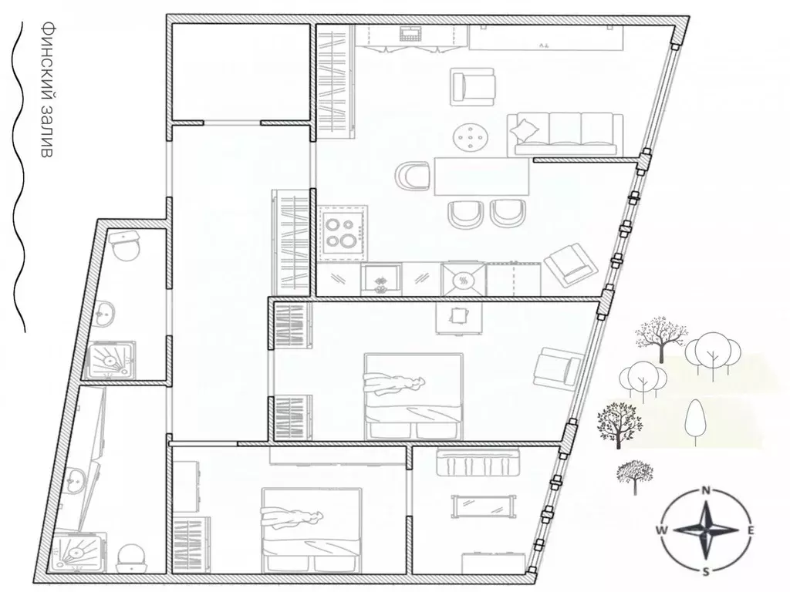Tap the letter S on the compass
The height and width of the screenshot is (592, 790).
coord(707,571)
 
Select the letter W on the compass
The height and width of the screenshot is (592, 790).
coord(661,530)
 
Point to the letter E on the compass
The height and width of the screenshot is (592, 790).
coord(750,530)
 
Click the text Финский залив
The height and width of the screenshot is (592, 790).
coord(46,89)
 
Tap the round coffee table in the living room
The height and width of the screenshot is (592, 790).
coord(471,136)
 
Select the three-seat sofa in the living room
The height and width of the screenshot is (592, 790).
coord(565,134)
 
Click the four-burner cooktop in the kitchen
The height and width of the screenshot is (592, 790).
coord(343,231)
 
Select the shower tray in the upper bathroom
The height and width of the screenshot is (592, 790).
coord(110,360)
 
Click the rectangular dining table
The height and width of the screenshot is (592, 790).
coord(481,177)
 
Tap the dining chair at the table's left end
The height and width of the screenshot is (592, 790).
coord(413,177)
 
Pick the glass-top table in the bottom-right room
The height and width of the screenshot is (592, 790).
coord(484,506)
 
